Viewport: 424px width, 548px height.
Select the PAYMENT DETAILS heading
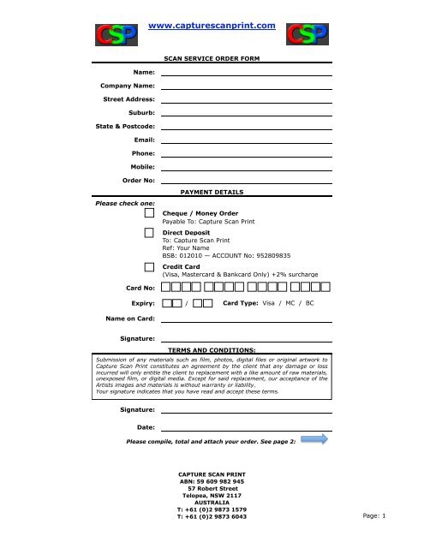[212, 193]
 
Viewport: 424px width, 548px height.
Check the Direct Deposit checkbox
[150, 233]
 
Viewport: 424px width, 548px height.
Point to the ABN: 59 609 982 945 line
[212, 482]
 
